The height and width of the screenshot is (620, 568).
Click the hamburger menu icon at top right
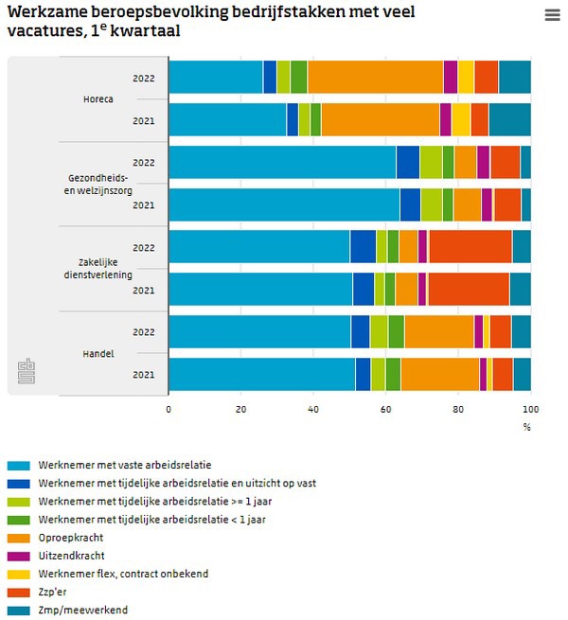tap(553, 15)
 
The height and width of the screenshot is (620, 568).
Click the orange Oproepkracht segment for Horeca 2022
tap(375, 77)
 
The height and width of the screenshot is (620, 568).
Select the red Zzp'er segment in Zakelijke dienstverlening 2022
tap(470, 246)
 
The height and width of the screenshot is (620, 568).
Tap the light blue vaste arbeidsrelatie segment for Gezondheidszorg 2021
tap(284, 204)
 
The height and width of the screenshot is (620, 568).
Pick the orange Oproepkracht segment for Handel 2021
tap(439, 374)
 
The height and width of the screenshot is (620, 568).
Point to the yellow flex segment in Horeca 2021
tap(460, 119)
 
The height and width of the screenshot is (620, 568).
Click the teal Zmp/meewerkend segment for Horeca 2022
tap(514, 77)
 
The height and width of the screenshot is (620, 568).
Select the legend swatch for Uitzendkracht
tap(19, 556)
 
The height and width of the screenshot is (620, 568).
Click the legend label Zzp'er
tap(53, 592)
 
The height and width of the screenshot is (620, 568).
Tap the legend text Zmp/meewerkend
tap(82, 610)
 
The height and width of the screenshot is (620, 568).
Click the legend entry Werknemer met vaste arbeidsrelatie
tap(124, 465)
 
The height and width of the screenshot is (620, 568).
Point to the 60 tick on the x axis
tap(386, 409)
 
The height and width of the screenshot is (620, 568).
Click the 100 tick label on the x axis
tap(530, 409)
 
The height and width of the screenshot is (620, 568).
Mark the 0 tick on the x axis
tap(169, 409)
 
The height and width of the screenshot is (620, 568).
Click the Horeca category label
tap(98, 98)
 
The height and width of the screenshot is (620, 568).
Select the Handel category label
tap(98, 353)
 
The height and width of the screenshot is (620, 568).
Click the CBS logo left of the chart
tap(26, 371)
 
